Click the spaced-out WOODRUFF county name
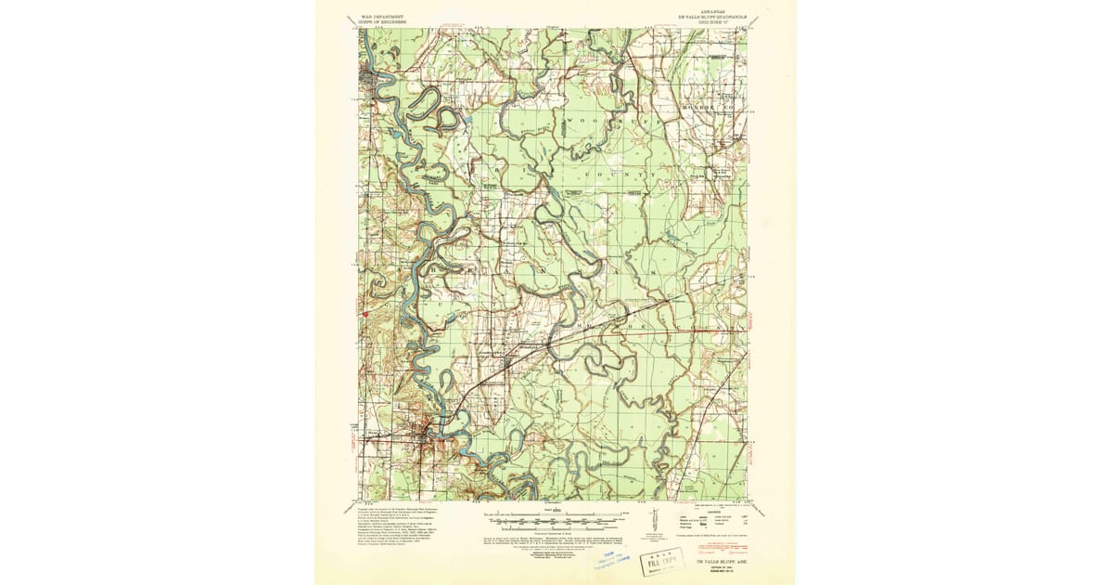[603, 122]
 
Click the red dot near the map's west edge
[368, 313]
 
